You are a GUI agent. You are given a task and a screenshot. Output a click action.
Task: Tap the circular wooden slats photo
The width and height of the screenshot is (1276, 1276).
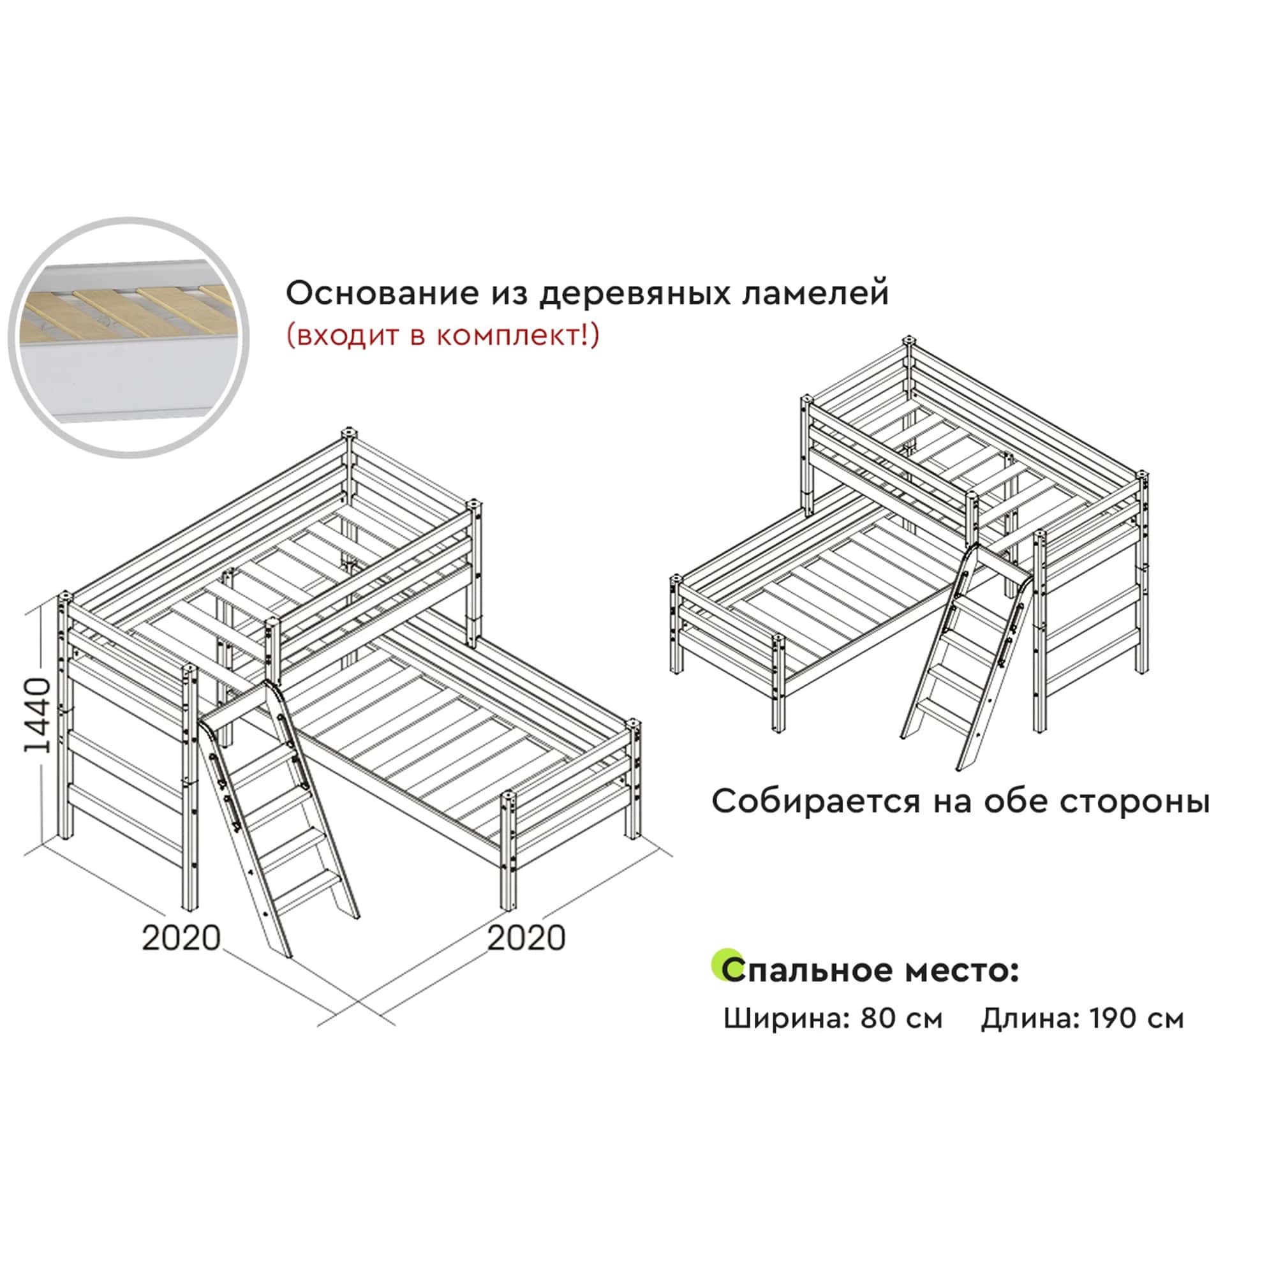coord(129,338)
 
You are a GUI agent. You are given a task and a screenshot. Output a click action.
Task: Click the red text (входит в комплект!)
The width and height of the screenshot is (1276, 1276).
coord(443,336)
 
